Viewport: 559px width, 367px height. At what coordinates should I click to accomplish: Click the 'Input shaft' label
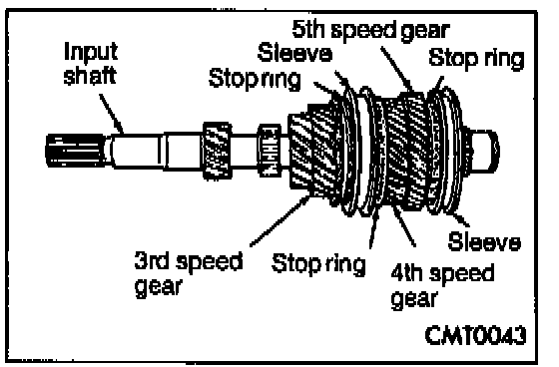coord(90,64)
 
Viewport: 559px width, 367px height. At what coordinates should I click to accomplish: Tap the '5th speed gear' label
coord(371,30)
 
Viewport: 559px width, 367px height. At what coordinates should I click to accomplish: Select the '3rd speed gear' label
coord(189,273)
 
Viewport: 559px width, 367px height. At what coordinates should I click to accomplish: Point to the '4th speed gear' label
coord(442,286)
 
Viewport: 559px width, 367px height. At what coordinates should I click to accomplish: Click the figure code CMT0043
coord(475,335)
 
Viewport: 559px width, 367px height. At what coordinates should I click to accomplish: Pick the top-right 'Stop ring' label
coord(476,59)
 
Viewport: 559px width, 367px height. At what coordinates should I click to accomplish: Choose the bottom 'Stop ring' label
coord(318,264)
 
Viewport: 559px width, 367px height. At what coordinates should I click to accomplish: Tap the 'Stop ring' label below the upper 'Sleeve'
coord(255,79)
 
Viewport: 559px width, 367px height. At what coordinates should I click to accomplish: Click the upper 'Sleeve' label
coord(294,53)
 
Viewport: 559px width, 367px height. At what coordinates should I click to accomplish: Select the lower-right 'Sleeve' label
coord(484,241)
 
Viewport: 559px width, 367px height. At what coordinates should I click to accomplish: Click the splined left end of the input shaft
coord(75,151)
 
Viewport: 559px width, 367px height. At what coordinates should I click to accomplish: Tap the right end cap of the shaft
coord(485,151)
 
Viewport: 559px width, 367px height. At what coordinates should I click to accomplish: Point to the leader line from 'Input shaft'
coord(111,114)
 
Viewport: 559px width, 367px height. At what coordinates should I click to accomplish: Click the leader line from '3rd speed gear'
coord(279,220)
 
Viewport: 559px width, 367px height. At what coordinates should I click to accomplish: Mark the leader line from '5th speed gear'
coord(396,69)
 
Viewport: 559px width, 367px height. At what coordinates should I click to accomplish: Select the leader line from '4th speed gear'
coord(404,225)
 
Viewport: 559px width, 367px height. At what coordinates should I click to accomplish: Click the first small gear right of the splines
coord(218,151)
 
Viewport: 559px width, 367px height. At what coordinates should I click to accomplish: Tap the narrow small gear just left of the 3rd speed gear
coord(270,151)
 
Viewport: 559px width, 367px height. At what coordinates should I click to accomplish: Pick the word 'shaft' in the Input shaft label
coord(90,76)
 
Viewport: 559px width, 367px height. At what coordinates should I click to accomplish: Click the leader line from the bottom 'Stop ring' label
coord(373,228)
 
